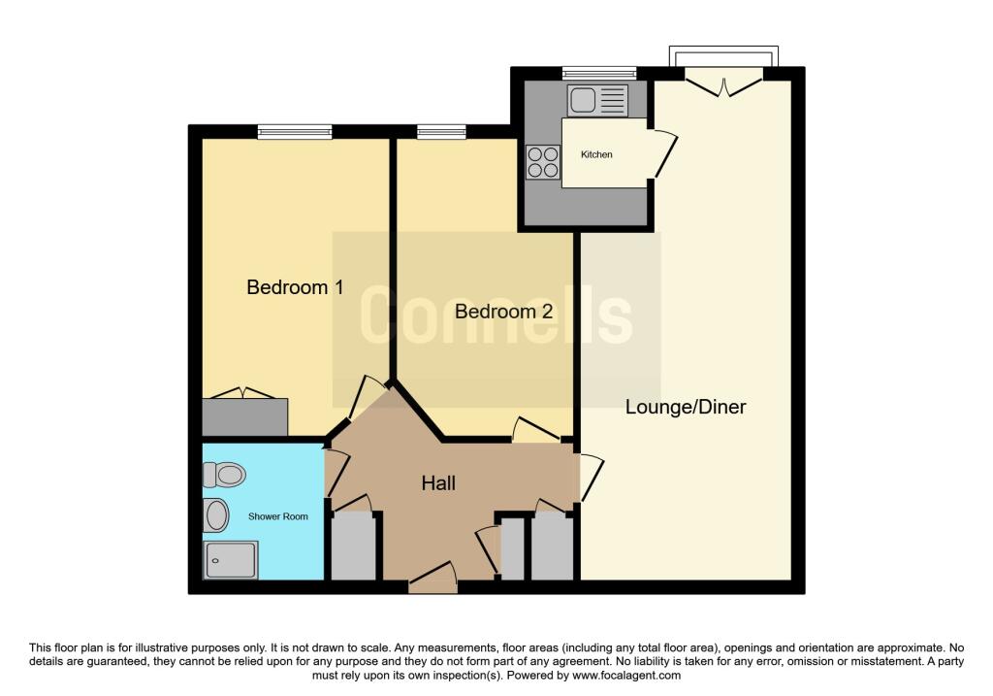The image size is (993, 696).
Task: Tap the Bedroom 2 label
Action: pyautogui.click(x=503, y=312)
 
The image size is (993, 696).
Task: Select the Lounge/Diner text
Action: pyautogui.click(x=686, y=407)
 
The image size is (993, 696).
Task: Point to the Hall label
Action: pyautogui.click(x=438, y=483)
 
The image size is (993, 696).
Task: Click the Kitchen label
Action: pyautogui.click(x=596, y=154)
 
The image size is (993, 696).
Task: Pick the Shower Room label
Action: pyautogui.click(x=278, y=516)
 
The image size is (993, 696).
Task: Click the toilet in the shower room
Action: pyautogui.click(x=222, y=475)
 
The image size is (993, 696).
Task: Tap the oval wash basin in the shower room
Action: pyautogui.click(x=216, y=516)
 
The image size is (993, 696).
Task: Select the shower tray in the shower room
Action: pyautogui.click(x=231, y=560)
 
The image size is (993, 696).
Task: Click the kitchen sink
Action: pyautogui.click(x=598, y=99)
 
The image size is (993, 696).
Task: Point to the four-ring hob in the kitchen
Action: pyautogui.click(x=543, y=161)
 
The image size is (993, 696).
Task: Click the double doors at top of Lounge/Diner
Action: pyautogui.click(x=725, y=85)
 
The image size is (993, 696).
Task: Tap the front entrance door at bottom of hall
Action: pyautogui.click(x=432, y=580)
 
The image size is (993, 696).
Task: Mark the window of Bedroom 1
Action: pyautogui.click(x=295, y=131)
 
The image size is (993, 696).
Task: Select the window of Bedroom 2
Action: pyautogui.click(x=441, y=131)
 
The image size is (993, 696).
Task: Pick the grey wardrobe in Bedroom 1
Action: pyautogui.click(x=245, y=416)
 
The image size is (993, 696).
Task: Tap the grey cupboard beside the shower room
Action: pyautogui.click(x=354, y=547)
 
